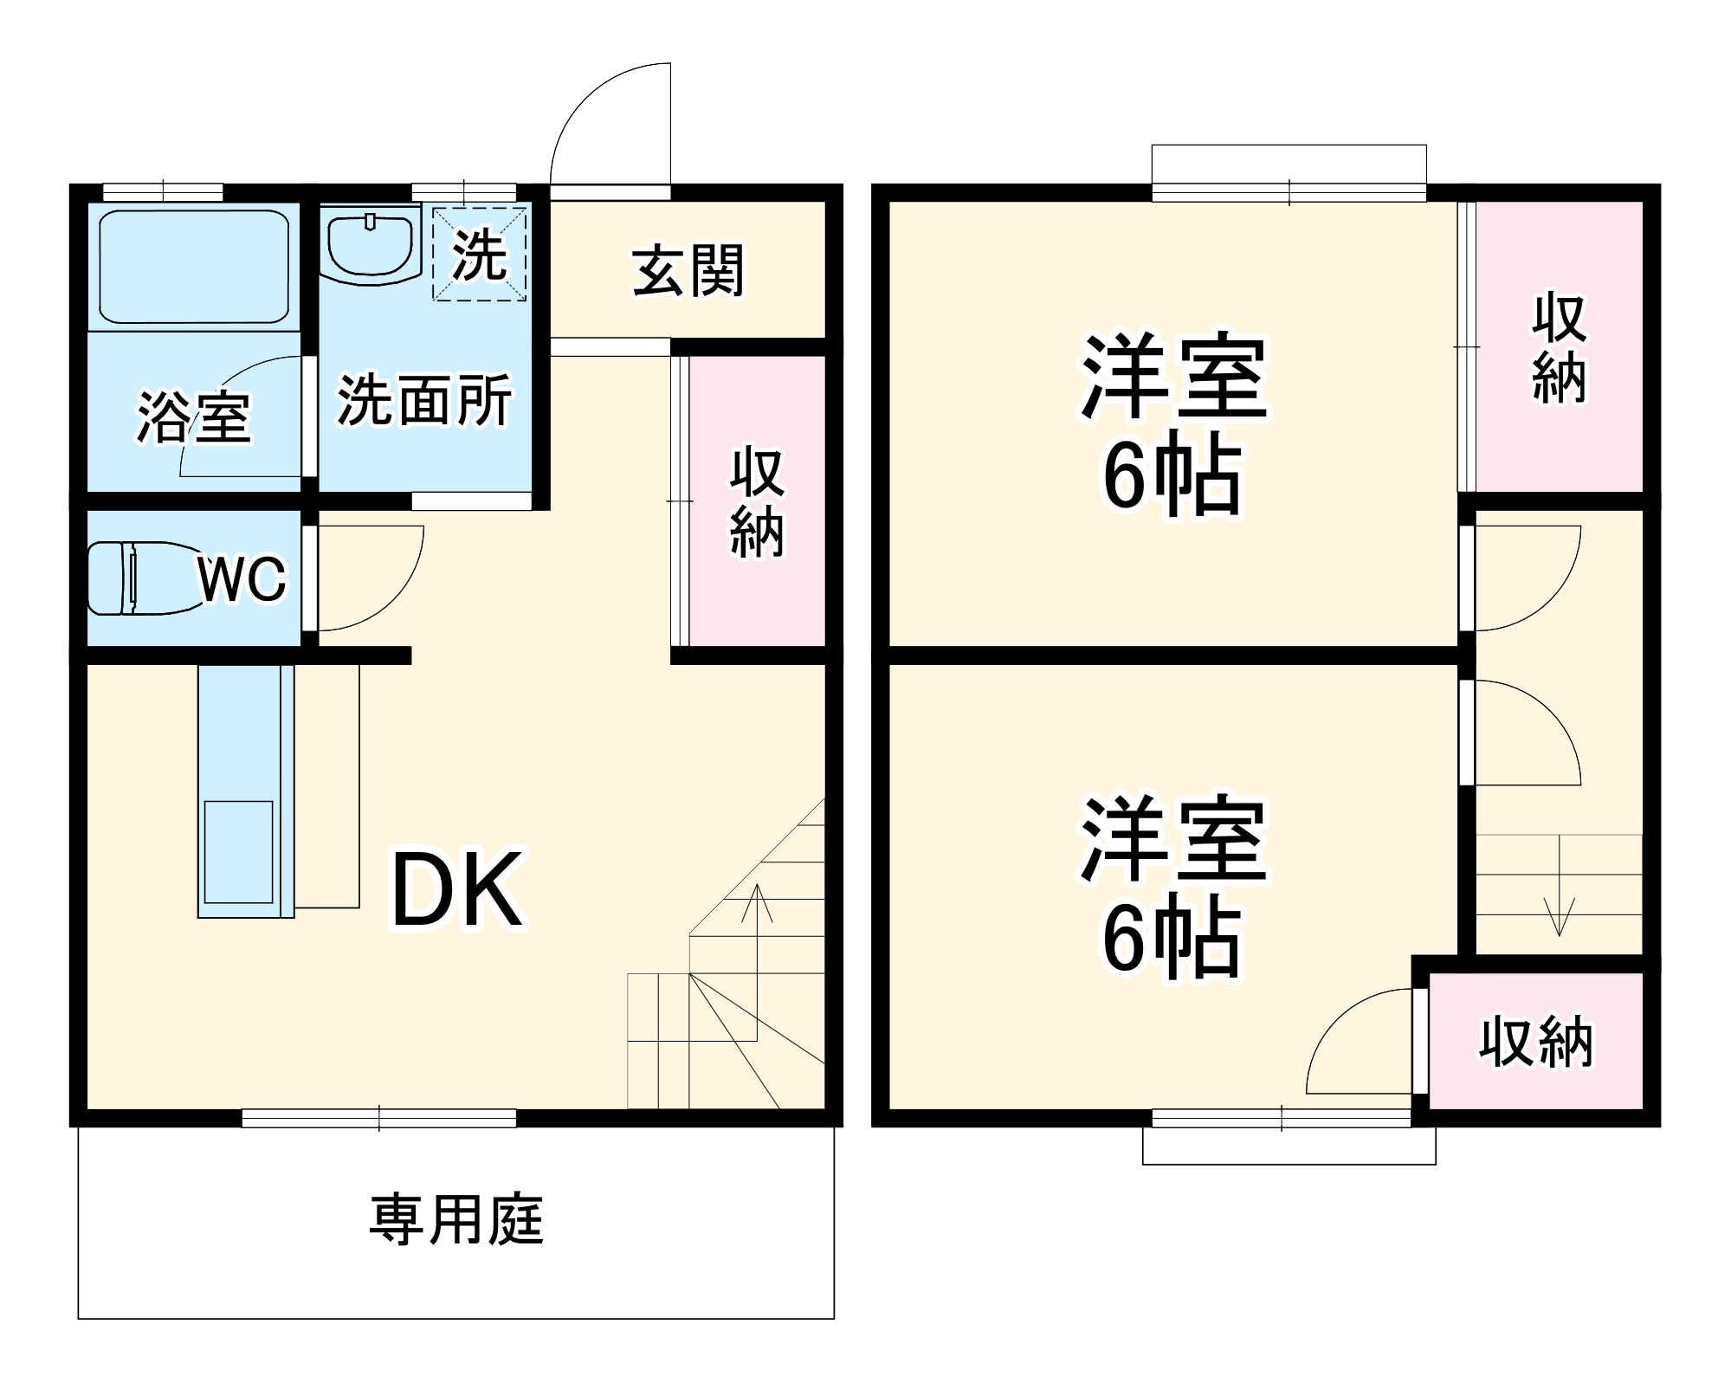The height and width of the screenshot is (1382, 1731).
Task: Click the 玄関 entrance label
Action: tap(688, 271)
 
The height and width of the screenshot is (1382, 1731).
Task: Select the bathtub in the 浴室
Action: tap(194, 265)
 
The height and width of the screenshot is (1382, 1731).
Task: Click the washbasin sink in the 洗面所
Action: tap(369, 246)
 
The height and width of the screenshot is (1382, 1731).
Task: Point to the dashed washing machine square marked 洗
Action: tap(480, 253)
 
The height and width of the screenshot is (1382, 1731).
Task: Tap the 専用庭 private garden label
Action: tap(456, 1220)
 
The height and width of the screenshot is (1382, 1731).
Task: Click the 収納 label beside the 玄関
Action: tap(757, 503)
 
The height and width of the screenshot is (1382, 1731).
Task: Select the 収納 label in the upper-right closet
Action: tap(1559, 349)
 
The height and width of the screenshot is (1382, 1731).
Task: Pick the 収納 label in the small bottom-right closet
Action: tap(1535, 1043)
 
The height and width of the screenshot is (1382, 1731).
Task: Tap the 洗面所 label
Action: tap(424, 400)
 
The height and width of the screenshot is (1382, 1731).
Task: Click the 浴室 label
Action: tap(194, 417)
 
